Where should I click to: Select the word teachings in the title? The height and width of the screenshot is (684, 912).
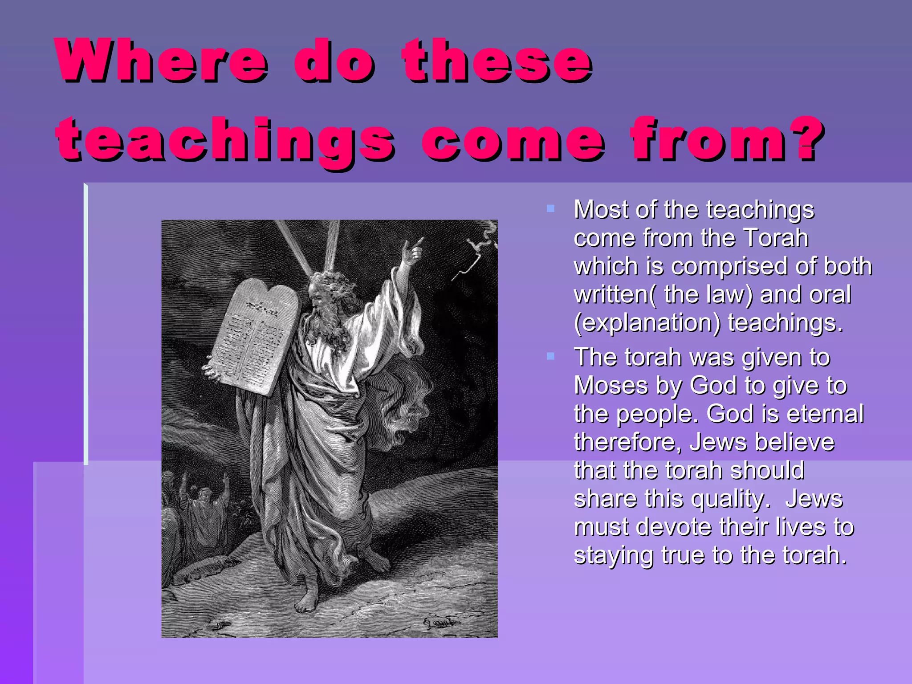(x=225, y=140)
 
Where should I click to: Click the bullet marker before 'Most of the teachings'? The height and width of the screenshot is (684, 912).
(x=550, y=208)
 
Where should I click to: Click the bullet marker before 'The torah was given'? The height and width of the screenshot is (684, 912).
(x=550, y=356)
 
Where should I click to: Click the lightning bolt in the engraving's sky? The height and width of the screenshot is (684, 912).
(x=472, y=258)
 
